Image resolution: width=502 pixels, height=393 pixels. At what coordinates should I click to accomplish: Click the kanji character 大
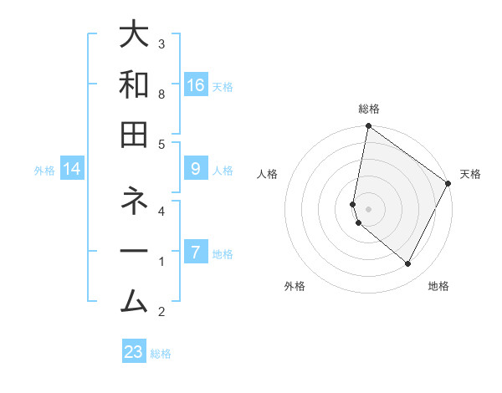point(135,36)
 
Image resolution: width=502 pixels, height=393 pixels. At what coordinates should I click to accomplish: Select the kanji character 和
point(135,85)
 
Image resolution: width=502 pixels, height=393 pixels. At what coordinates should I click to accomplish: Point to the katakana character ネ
point(135,202)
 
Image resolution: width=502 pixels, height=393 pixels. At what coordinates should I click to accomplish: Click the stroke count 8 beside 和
point(161,94)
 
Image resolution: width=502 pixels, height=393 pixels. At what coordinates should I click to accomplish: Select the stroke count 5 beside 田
point(161,144)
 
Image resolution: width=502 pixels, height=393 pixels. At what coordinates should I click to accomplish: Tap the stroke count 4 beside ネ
point(161,211)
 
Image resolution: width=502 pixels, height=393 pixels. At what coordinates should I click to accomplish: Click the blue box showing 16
point(195,84)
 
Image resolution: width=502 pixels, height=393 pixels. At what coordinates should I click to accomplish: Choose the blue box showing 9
point(195,169)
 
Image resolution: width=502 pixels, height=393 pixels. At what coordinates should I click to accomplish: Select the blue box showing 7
point(195,253)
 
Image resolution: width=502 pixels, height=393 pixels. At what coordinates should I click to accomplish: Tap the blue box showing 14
point(72,169)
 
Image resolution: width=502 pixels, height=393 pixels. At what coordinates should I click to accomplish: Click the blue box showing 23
point(134,352)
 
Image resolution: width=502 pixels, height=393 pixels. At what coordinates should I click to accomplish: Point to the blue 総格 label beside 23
point(161,354)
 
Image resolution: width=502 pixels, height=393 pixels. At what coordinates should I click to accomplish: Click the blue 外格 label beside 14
point(44,171)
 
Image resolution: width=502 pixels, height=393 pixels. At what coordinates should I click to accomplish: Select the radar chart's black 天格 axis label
point(470,174)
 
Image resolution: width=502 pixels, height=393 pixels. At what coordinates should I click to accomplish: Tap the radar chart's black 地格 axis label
point(438,286)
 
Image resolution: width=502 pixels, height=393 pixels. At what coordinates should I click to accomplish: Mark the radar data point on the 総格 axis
point(368,127)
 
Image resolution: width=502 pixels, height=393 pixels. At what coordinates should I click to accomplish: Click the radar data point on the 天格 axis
point(448,183)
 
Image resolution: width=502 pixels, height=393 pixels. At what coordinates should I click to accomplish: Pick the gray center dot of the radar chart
point(368,209)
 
